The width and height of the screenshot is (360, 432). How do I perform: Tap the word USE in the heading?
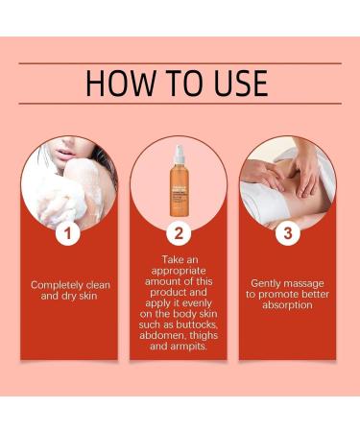click(x=231, y=83)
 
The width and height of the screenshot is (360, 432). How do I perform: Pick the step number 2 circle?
click(x=180, y=232)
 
